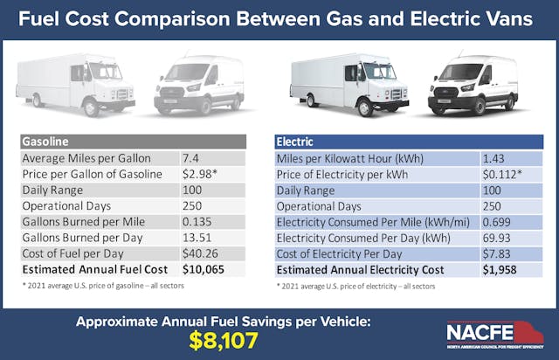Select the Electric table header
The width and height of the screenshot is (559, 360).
(x=409, y=141)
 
